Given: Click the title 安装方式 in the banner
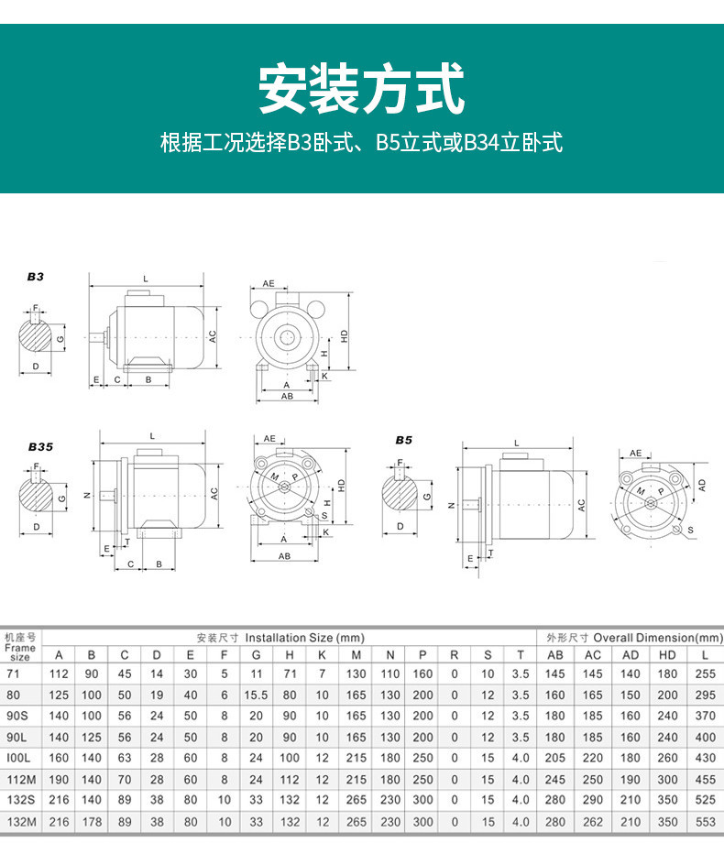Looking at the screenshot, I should [361, 89].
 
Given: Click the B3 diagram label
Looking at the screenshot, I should [35, 276].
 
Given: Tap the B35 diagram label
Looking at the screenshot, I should [39, 447].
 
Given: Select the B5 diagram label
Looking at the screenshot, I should [403, 440].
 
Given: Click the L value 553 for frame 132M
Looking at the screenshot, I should [705, 823].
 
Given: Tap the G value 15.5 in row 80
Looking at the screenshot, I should [256, 695].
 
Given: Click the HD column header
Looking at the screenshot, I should [667, 655].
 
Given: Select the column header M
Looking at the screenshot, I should [356, 655].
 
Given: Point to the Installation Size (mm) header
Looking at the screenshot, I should [280, 638].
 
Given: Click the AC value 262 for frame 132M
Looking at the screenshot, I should [593, 823].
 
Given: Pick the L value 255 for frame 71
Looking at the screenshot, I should [705, 673].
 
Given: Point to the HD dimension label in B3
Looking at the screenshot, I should [345, 336].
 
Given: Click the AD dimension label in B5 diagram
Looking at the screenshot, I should [701, 483].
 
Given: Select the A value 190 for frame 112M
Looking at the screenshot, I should [59, 780].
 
